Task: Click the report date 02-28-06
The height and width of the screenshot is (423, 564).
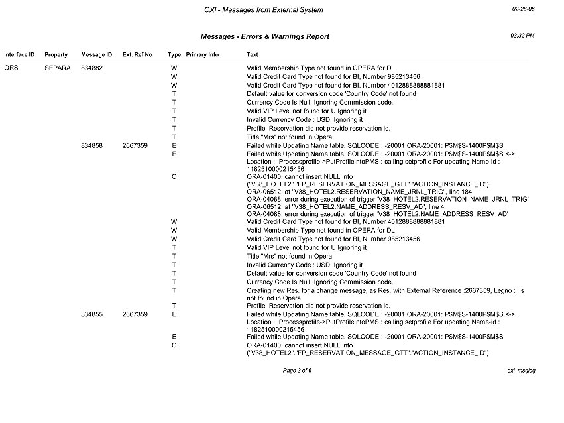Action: [523, 9]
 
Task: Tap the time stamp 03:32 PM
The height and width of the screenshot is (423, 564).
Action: [522, 35]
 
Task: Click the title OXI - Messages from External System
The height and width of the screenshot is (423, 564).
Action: [264, 10]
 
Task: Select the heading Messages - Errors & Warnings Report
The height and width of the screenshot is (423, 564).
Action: [264, 37]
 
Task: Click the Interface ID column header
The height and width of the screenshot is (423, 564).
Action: [19, 54]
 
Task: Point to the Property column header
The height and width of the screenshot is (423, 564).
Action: [56, 54]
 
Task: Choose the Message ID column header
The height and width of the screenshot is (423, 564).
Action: [96, 54]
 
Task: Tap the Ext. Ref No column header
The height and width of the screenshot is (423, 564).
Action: [137, 54]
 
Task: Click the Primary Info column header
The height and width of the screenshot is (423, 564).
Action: [202, 54]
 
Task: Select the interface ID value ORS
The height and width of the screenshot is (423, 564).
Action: [11, 68]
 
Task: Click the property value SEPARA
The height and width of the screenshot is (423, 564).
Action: [58, 68]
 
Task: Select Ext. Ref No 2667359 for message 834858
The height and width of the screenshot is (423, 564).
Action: [135, 145]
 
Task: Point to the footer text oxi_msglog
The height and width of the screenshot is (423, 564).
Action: [521, 370]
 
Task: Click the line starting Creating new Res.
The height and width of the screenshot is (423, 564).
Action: [385, 290]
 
